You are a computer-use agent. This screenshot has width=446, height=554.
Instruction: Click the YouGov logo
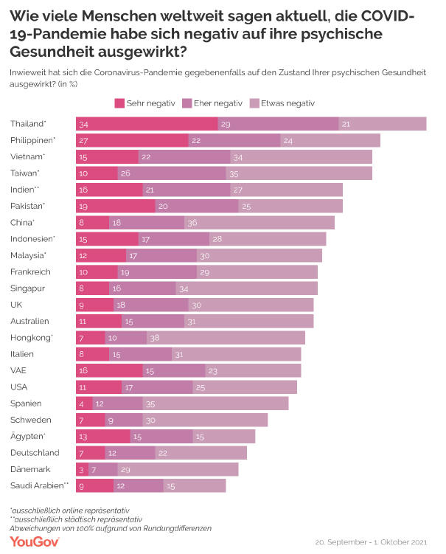35,541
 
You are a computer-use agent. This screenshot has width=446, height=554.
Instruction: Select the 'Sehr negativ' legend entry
145,103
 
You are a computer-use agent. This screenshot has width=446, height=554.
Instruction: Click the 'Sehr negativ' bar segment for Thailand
147,123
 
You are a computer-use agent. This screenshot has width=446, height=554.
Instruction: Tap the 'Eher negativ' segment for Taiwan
172,173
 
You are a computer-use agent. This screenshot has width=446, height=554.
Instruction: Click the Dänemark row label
30,469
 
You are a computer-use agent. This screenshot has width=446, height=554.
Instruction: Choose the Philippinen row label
33,140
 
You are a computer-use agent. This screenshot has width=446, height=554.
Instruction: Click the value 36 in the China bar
192,222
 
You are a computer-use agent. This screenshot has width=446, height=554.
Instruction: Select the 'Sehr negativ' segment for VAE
110,370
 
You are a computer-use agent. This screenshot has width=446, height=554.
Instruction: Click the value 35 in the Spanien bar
151,404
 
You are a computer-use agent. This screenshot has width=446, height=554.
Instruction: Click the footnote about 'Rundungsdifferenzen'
111,527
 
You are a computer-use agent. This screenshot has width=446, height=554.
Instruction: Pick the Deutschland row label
35,452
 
